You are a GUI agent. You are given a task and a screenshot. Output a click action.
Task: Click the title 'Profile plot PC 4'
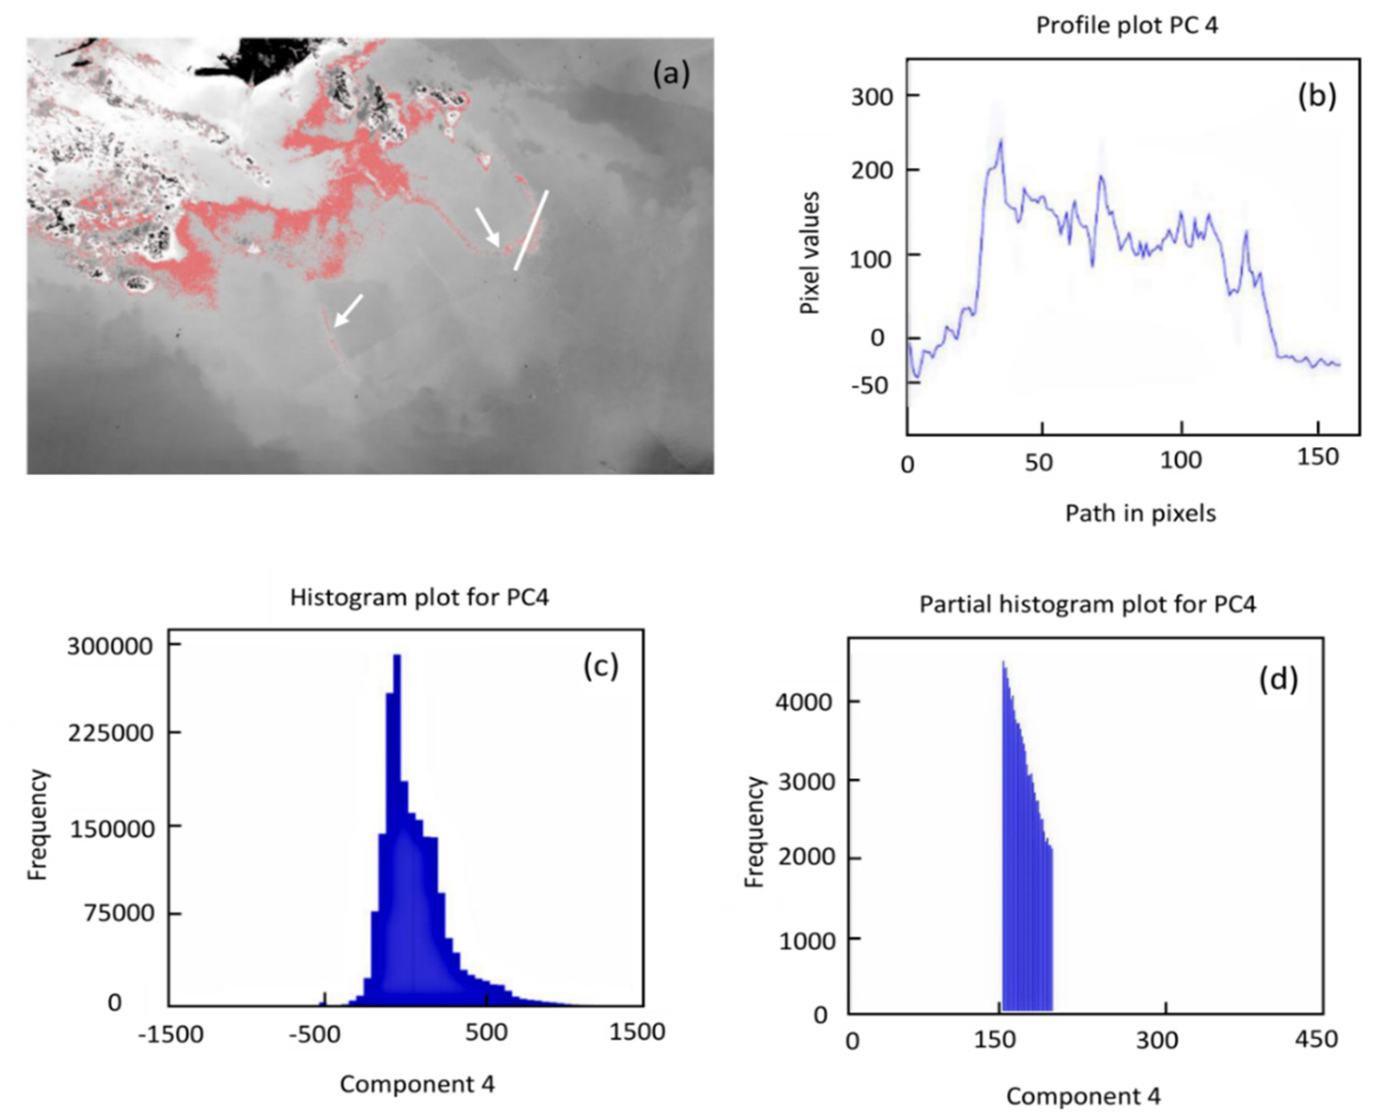[x=1127, y=25]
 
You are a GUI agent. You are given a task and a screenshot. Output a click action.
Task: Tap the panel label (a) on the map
[x=671, y=74]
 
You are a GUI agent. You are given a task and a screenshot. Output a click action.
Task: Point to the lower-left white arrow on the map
[x=348, y=311]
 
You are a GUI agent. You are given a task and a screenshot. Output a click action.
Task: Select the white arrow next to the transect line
[x=488, y=227]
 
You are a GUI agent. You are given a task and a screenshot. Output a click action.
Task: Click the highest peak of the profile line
[x=1001, y=141]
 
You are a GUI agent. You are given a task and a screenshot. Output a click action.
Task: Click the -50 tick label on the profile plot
[x=869, y=385]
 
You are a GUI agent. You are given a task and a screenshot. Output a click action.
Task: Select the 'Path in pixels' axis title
[x=1140, y=513]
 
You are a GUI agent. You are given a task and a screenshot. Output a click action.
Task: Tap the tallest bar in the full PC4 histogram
[x=397, y=710]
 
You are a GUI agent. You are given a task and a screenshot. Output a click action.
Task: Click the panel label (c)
[x=600, y=666]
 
